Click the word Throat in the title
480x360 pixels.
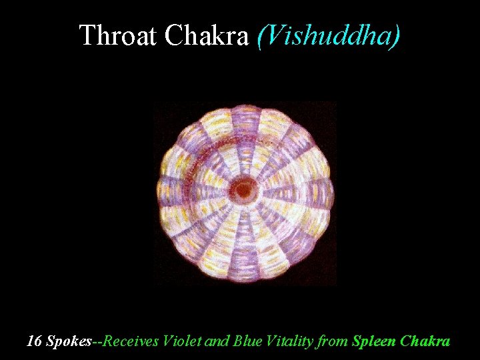tap(119, 35)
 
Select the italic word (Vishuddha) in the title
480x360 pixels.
tap(328, 35)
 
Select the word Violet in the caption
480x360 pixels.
tap(183, 341)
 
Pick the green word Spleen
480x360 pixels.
tap(376, 342)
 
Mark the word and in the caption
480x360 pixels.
tap(217, 341)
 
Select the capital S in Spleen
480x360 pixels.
tap(356, 341)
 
